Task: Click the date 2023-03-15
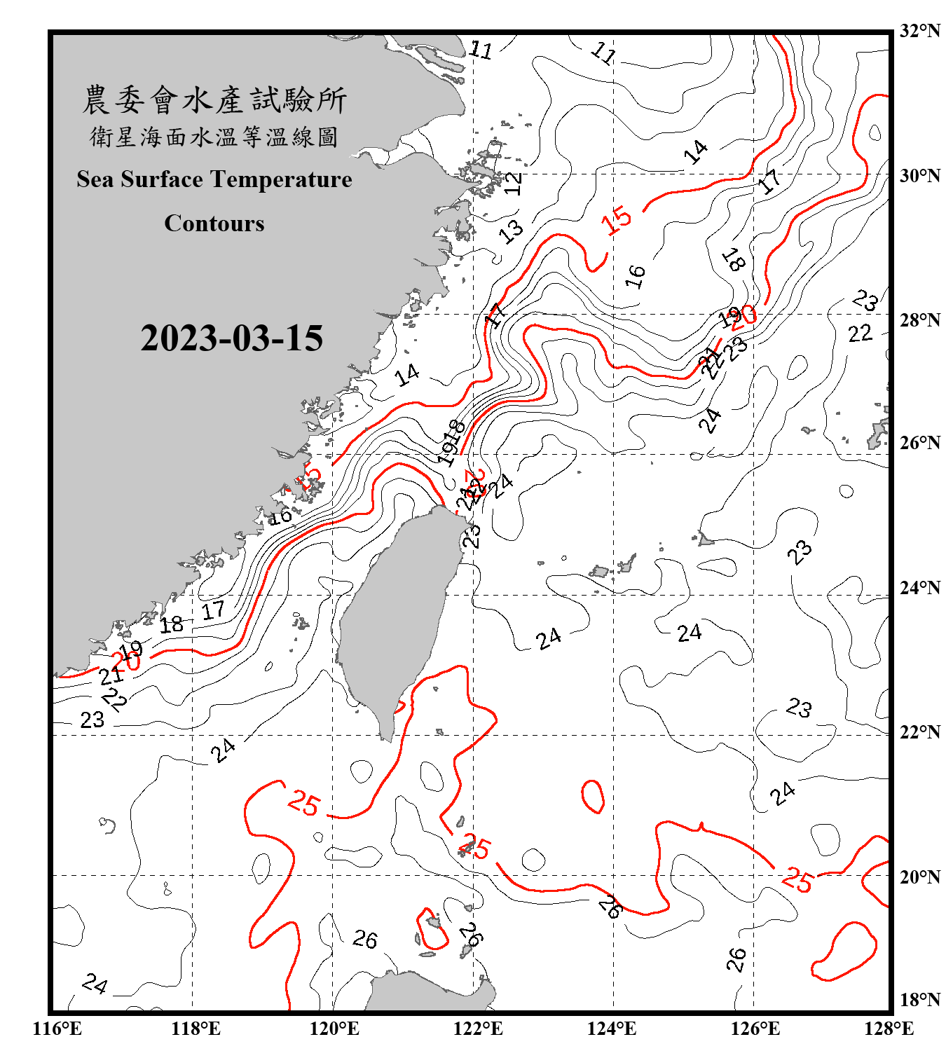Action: pos(231,338)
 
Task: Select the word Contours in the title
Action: pos(214,224)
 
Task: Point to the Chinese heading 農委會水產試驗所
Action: pos(214,99)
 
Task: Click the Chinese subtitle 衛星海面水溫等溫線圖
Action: pos(214,137)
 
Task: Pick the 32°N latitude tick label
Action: pos(919,31)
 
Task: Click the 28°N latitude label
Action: pos(919,320)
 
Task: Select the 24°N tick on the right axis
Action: pos(919,588)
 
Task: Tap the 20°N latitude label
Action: pos(919,877)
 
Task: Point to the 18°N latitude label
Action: pos(919,1000)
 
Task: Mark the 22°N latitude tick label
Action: pos(919,732)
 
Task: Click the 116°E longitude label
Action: pos(57,1029)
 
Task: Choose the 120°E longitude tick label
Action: pos(334,1029)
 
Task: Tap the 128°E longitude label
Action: pos(889,1029)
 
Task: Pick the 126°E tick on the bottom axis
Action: pos(755,1029)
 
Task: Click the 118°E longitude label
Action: pos(196,1029)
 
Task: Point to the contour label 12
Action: pos(514,184)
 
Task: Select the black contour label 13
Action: pos(512,231)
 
